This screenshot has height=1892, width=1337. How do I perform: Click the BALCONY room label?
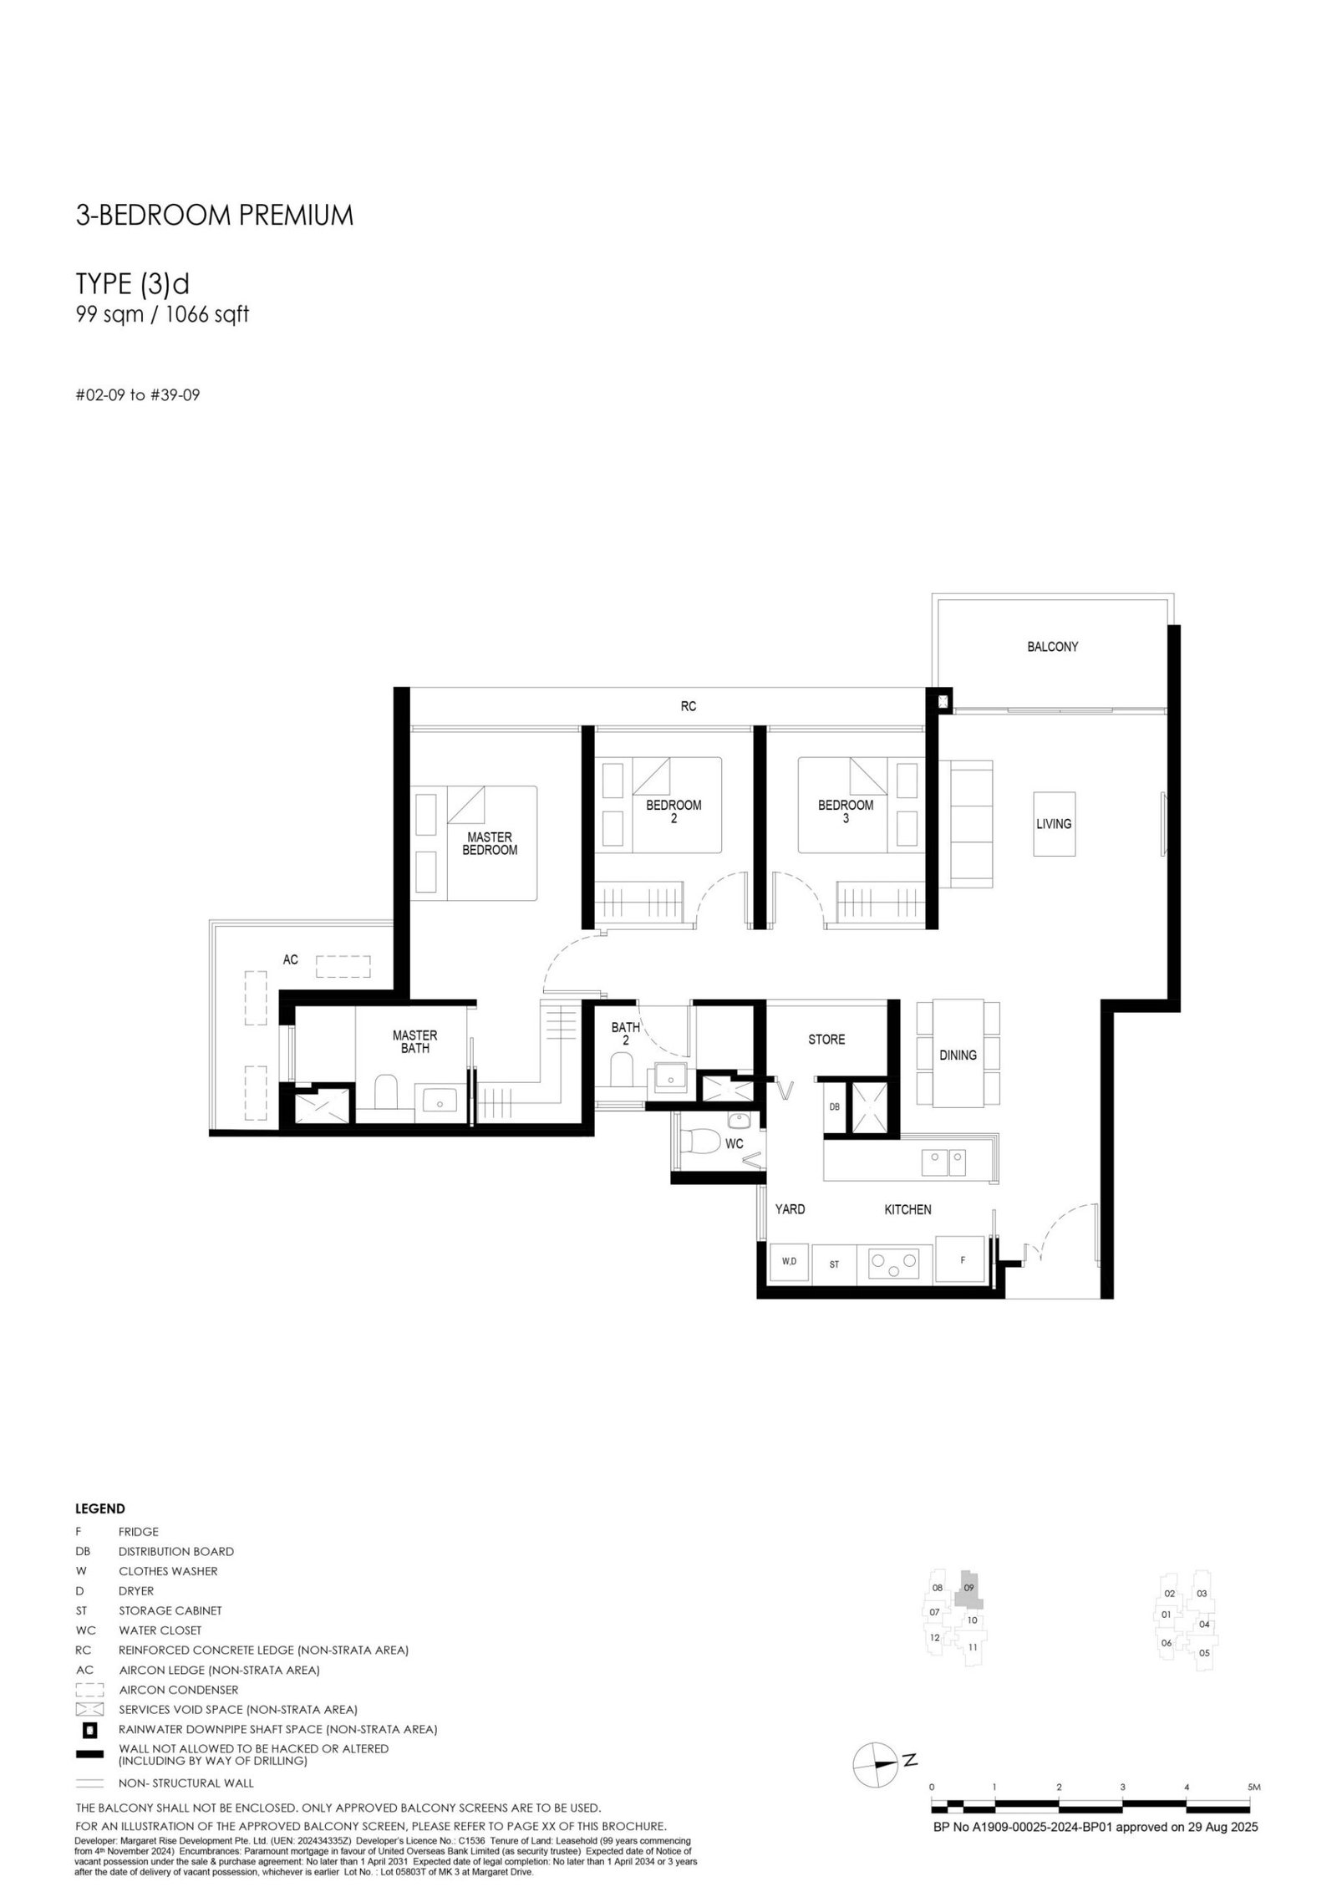tap(1052, 647)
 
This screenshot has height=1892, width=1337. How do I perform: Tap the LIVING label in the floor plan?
tap(1053, 824)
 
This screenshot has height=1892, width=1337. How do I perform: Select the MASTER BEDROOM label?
tap(490, 843)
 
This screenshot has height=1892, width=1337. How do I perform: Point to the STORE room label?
tap(826, 1040)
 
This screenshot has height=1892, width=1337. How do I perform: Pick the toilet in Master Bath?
tap(385, 1092)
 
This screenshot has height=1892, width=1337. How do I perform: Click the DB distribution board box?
tap(834, 1107)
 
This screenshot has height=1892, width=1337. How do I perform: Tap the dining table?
tap(958, 1054)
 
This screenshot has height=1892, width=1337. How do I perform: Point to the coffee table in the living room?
tap(1054, 824)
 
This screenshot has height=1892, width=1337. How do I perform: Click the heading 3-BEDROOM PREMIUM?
tap(215, 216)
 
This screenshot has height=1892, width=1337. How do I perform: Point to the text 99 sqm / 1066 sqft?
tap(162, 315)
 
